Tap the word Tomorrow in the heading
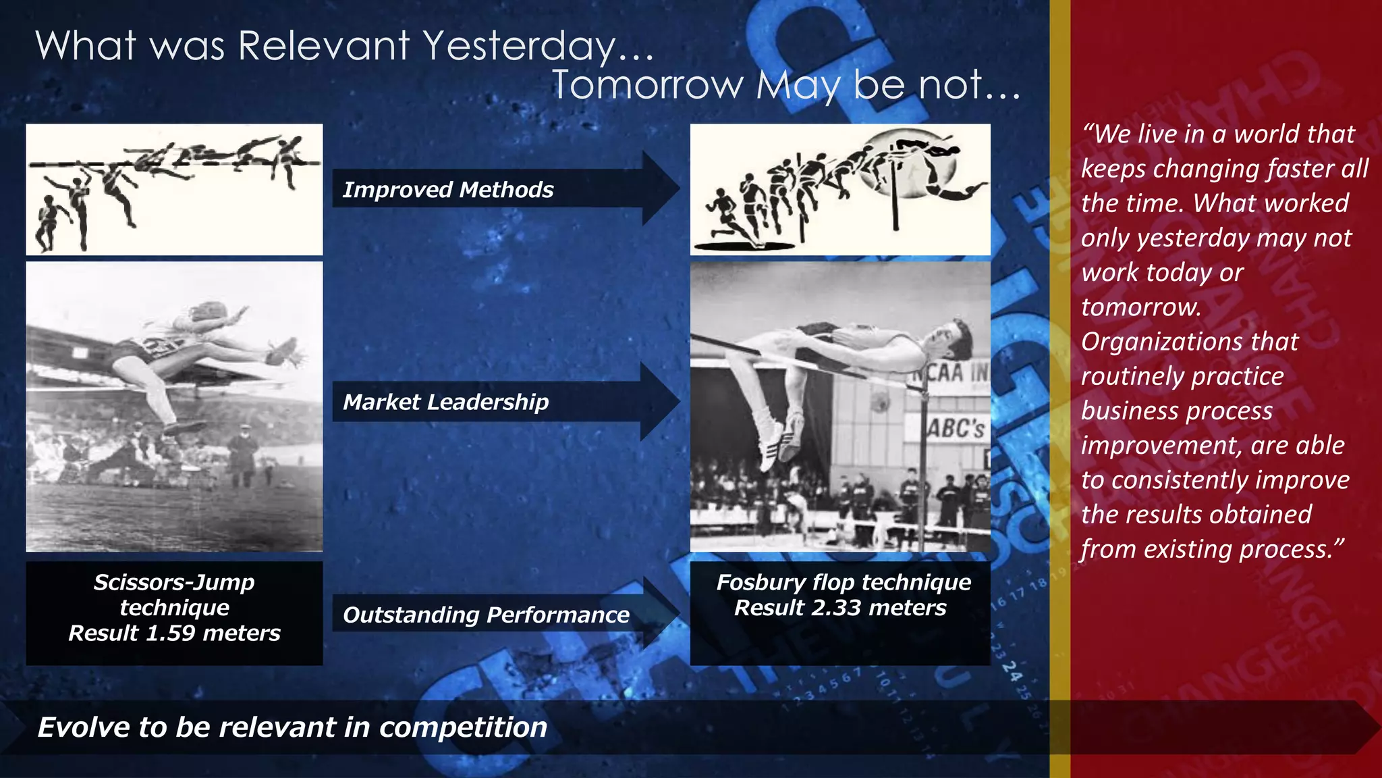[x=648, y=86]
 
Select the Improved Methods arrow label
[x=448, y=190]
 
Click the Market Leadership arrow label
[x=445, y=402]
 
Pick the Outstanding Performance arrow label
[x=486, y=615]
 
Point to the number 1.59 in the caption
[x=171, y=633]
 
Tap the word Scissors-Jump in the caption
[x=174, y=582]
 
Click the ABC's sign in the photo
[x=956, y=428]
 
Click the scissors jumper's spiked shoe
[x=287, y=352]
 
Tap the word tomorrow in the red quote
[x=1140, y=307]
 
